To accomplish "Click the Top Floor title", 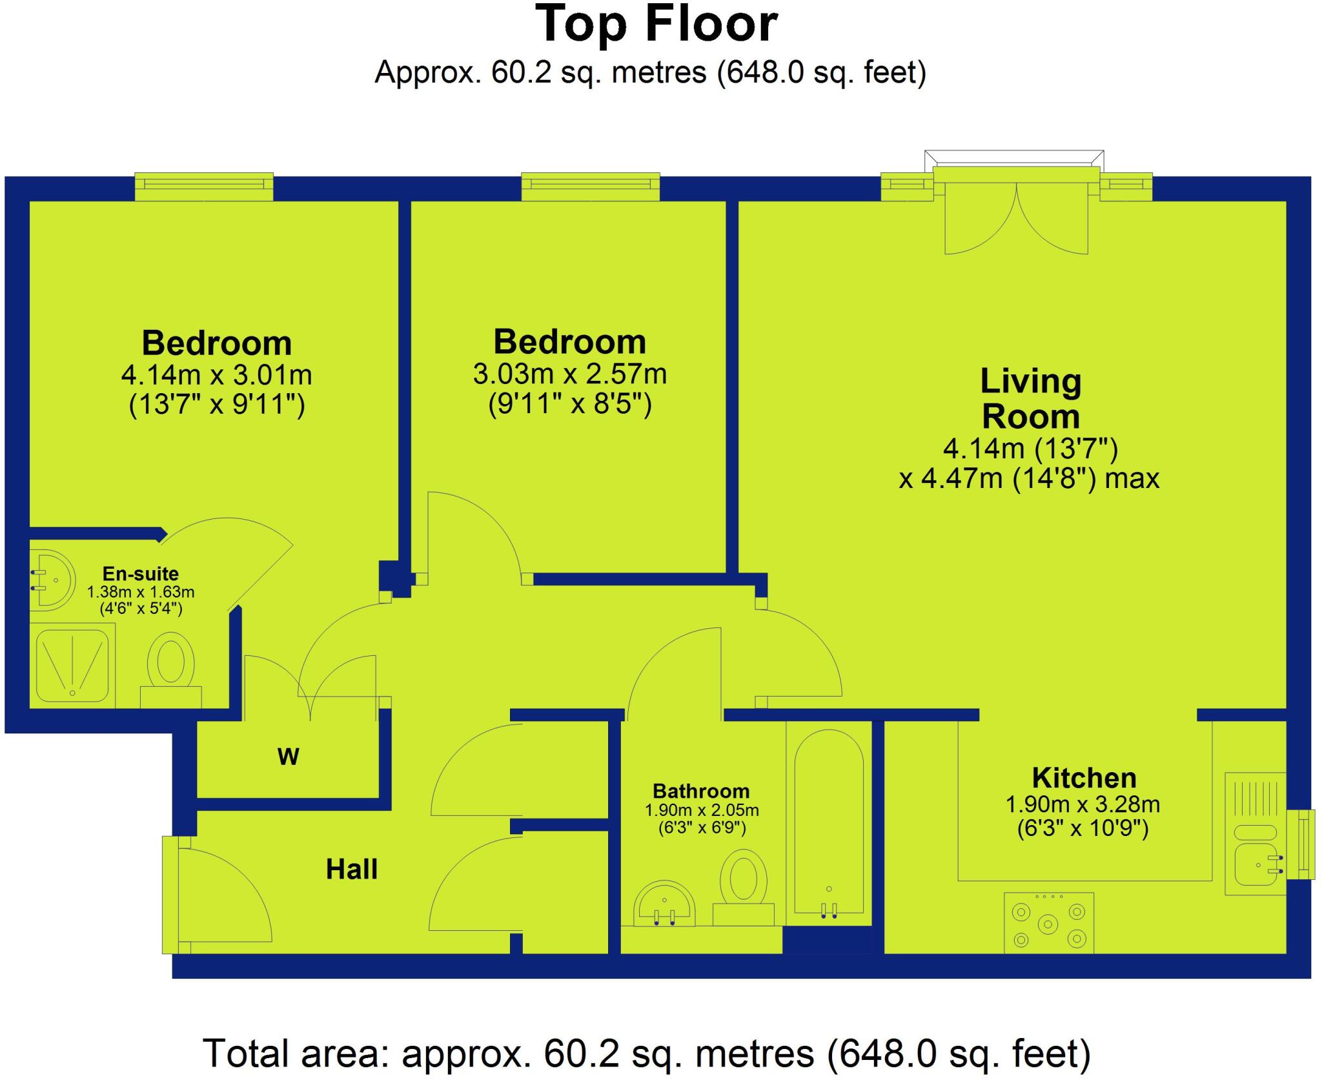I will [x=656, y=25].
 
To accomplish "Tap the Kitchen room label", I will [x=1084, y=778].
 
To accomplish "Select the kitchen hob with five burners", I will [x=1048, y=923].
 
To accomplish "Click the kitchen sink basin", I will [x=1256, y=866].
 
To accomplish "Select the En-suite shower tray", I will [x=72, y=666].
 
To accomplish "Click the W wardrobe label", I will [x=288, y=757].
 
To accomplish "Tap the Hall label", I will [x=351, y=870].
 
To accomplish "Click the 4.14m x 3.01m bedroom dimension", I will [x=216, y=374].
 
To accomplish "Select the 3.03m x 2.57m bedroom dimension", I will [x=569, y=374].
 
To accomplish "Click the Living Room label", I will [x=1030, y=399].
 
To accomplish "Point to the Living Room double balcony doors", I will [x=1017, y=219].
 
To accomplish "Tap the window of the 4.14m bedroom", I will [x=204, y=185].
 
